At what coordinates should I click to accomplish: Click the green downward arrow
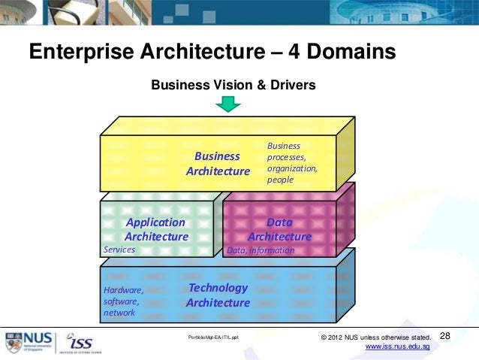pyautogui.click(x=227, y=104)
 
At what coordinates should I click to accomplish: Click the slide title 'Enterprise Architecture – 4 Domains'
pyautogui.click(x=212, y=52)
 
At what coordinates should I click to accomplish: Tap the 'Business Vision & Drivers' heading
pyautogui.click(x=233, y=86)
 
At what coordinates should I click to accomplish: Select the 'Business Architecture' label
pyautogui.click(x=217, y=164)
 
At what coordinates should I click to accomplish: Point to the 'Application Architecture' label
pyautogui.click(x=155, y=229)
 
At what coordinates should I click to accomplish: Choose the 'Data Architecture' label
pyautogui.click(x=279, y=229)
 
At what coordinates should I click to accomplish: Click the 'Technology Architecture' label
pyautogui.click(x=218, y=295)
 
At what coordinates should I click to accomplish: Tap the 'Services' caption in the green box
pyautogui.click(x=119, y=250)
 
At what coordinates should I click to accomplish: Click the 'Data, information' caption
pyautogui.click(x=261, y=250)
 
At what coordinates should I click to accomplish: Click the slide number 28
pyautogui.click(x=444, y=335)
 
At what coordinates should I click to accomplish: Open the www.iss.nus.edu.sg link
pyautogui.click(x=396, y=346)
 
